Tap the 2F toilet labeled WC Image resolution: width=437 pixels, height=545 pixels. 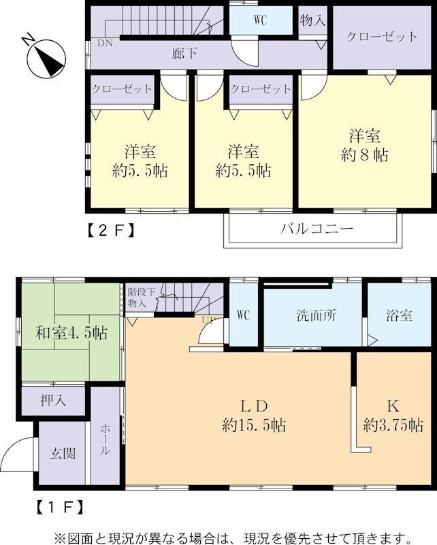click(x=261, y=20)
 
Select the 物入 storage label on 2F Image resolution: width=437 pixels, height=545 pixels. click(x=312, y=20)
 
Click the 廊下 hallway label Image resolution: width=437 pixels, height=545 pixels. click(x=184, y=54)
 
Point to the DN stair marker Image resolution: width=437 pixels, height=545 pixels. click(x=105, y=44)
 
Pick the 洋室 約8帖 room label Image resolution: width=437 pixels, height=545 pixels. click(x=364, y=145)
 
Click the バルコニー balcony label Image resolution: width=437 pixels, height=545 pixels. click(x=317, y=228)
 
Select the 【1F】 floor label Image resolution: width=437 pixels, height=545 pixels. click(x=60, y=507)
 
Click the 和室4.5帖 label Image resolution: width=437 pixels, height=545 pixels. click(x=71, y=332)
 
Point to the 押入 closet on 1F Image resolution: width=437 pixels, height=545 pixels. click(x=53, y=401)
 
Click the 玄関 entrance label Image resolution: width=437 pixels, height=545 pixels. click(x=62, y=453)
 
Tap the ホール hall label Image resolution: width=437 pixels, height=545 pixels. click(x=105, y=439)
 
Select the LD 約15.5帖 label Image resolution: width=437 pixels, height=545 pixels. click(x=254, y=416)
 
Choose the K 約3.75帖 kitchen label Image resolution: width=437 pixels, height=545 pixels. click(x=393, y=416)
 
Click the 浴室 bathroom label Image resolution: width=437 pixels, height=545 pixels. click(x=399, y=315)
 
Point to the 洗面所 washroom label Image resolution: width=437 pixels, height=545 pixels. click(x=316, y=315)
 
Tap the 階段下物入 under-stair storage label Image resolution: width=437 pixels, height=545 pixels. click(x=141, y=297)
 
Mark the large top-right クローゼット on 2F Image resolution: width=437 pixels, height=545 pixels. click(x=381, y=37)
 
